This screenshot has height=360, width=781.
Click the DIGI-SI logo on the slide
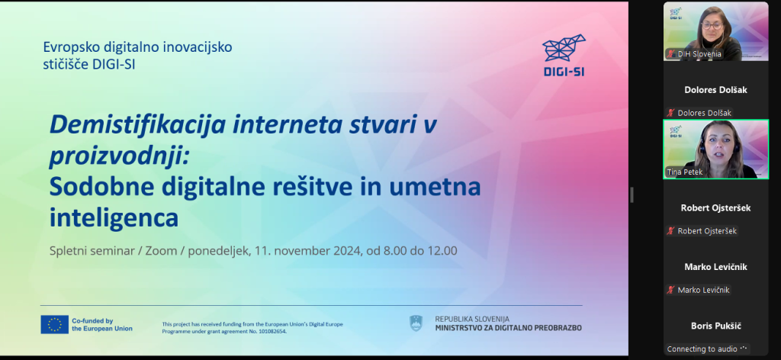pos(564,55)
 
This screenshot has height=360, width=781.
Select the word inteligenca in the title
pos(114,218)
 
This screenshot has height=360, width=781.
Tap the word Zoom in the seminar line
pos(161,250)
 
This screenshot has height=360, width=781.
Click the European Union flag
pos(55,325)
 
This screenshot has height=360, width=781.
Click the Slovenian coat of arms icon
pos(416,323)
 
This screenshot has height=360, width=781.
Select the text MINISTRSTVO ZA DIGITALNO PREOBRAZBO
pos(508,328)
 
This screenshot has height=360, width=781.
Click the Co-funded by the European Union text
pos(102,325)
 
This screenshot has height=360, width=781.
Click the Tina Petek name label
pos(684,172)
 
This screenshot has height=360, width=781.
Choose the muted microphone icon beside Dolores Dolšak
pos(671,113)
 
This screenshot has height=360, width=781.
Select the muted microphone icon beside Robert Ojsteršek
pos(671,231)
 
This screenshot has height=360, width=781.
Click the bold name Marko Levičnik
pos(715,267)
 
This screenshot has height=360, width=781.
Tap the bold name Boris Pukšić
pos(715,326)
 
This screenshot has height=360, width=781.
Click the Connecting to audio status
pos(707,349)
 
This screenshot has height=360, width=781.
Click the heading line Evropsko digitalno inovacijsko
pos(137,48)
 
